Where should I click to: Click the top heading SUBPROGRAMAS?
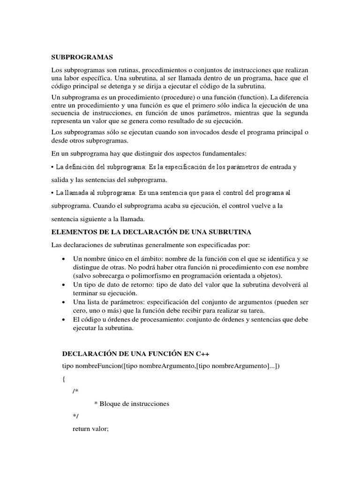coord(82,57)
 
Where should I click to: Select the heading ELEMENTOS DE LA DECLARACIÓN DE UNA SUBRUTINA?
coord(151,232)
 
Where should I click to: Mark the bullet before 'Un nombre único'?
coord(63,259)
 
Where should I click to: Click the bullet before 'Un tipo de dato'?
coord(63,285)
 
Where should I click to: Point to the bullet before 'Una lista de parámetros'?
coord(63,302)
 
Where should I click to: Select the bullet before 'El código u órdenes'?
coord(63,319)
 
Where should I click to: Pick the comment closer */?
coord(75,416)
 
